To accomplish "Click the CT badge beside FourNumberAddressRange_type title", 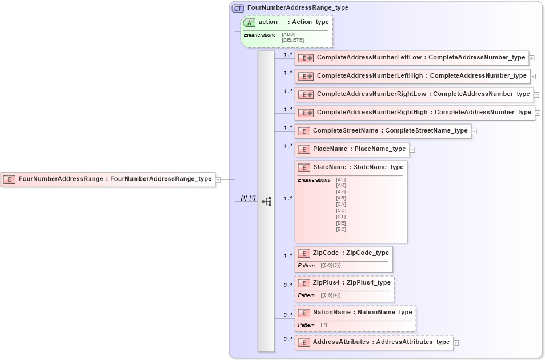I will tap(238, 8).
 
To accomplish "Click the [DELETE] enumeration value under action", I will tap(292, 40).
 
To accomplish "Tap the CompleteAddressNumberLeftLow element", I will tap(411, 58).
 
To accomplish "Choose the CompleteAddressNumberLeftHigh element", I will tap(412, 76).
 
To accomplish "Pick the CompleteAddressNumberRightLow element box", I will tap(414, 94).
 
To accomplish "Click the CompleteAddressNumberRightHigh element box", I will tap(414, 113).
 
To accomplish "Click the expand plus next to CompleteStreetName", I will tap(474, 131).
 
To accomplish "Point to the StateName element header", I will tap(351, 167).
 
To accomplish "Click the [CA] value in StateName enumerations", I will tap(341, 204).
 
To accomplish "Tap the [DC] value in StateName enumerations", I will tap(341, 229).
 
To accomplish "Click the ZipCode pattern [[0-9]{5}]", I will tap(331, 266).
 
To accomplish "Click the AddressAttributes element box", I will tap(374, 342).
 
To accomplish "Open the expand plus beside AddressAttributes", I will tap(456, 343).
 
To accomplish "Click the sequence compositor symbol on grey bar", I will tap(266, 202).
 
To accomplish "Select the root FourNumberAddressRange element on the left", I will tap(108, 179).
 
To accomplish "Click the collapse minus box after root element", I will tap(218, 179).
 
